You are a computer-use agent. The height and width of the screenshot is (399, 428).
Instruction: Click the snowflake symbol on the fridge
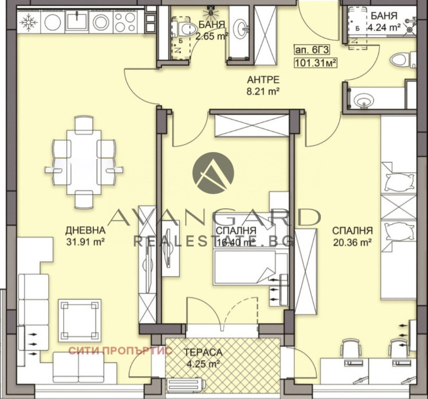coord(29,22)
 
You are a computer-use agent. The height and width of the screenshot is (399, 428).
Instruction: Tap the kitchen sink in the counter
coord(77,20)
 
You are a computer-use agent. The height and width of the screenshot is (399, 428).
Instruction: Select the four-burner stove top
coord(126,22)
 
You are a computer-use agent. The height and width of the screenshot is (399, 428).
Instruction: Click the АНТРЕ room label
coord(263,80)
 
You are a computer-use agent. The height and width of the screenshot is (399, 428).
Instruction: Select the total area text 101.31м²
coord(315,63)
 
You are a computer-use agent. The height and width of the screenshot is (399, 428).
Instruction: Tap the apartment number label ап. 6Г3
coord(311,50)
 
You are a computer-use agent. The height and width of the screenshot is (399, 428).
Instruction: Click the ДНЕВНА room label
coord(85,230)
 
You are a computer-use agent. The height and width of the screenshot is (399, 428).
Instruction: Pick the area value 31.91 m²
coord(86,242)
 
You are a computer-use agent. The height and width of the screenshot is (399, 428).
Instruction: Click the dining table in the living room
coord(84,162)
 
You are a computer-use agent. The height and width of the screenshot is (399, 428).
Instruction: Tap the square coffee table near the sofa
coord(80,320)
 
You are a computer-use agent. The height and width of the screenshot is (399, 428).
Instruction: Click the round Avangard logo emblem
coord(213,173)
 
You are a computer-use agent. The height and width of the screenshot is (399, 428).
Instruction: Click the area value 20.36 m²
coord(352,242)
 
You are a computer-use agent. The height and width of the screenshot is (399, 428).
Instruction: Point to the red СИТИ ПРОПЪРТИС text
coord(120,351)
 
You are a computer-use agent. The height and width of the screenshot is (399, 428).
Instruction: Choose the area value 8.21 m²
coord(263,91)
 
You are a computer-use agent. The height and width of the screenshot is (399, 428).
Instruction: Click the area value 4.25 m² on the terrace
coord(203,364)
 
